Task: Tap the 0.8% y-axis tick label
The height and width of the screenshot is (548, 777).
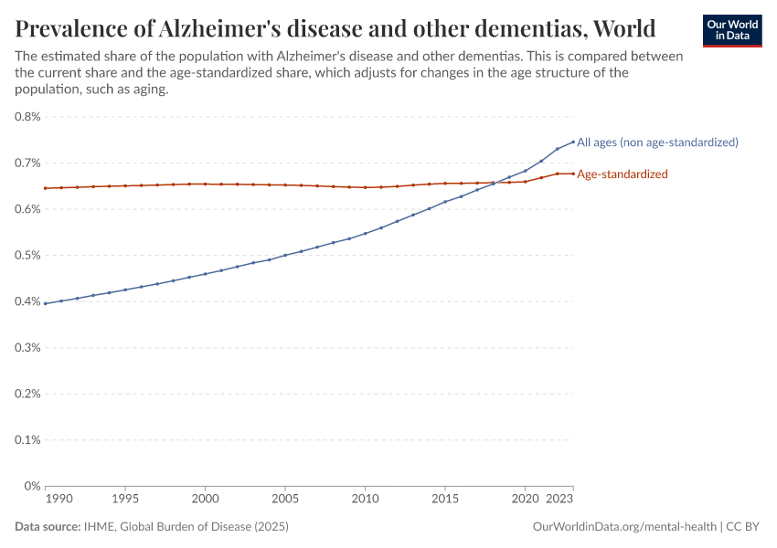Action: tap(27, 117)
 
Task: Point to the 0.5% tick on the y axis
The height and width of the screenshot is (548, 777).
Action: tap(27, 256)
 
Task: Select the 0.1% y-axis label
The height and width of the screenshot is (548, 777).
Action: tap(27, 440)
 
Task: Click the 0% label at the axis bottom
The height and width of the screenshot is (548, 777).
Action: tap(32, 486)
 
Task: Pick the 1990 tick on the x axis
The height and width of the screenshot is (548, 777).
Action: tap(58, 501)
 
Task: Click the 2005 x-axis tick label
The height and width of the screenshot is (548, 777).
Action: tap(285, 501)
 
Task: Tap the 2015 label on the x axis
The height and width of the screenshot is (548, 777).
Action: tap(445, 501)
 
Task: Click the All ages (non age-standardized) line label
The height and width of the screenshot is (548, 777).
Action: tap(657, 142)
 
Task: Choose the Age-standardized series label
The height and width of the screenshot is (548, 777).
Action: tap(623, 174)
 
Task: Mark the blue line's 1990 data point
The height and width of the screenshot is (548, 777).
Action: tap(46, 303)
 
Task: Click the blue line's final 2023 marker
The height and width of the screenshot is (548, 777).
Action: tap(573, 142)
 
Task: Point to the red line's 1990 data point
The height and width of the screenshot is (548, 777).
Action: tap(46, 188)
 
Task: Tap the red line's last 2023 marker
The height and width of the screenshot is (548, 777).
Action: tap(573, 174)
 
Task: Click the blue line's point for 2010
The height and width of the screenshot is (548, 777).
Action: tap(366, 233)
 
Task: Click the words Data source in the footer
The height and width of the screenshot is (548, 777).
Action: tap(48, 527)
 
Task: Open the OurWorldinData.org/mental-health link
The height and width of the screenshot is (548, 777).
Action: tap(624, 527)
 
